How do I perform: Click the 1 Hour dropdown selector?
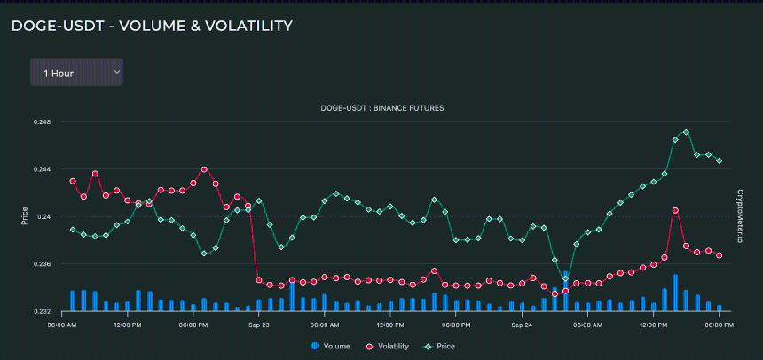coord(76,73)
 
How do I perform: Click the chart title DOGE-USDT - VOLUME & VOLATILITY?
coord(152,27)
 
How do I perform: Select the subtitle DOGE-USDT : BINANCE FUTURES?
coord(382,108)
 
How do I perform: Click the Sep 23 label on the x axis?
coord(259,325)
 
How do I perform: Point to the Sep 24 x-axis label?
coord(522,325)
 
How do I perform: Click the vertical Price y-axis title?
coord(25,215)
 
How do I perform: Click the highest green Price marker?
coord(687,133)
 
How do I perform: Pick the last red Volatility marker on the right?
coord(720,255)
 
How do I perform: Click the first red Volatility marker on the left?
coord(73,181)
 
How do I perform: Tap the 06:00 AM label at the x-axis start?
coord(61,325)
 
